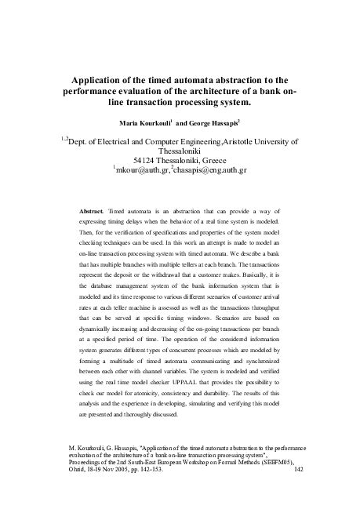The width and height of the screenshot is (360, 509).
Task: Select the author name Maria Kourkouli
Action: coord(144,124)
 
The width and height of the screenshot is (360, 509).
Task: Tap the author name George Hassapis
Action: coord(215,124)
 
